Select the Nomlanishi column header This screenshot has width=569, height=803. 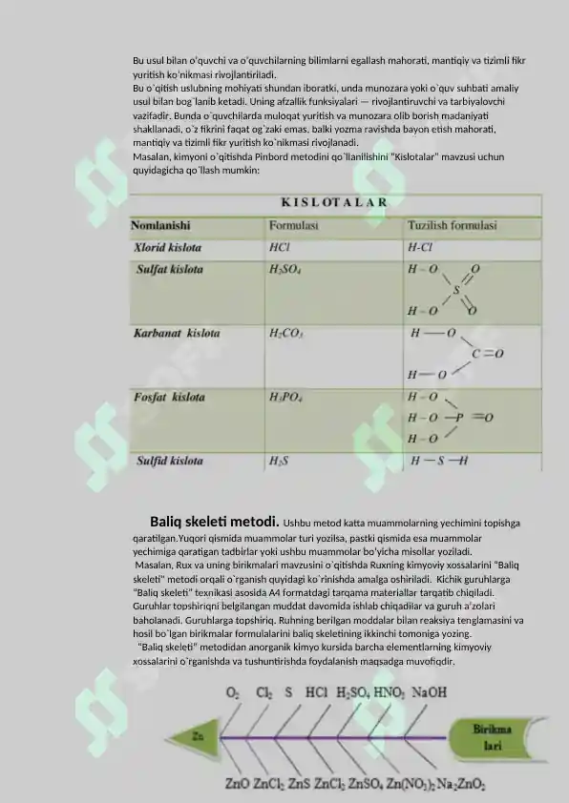click(x=159, y=226)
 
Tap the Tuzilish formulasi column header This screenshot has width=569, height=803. click(x=452, y=226)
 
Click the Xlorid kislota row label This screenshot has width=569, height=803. click(x=167, y=245)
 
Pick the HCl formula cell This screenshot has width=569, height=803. click(x=281, y=245)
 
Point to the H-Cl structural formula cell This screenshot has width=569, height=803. click(x=420, y=245)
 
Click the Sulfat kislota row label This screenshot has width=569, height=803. click(x=170, y=270)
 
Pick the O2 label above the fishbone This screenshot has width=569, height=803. click(x=232, y=692)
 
